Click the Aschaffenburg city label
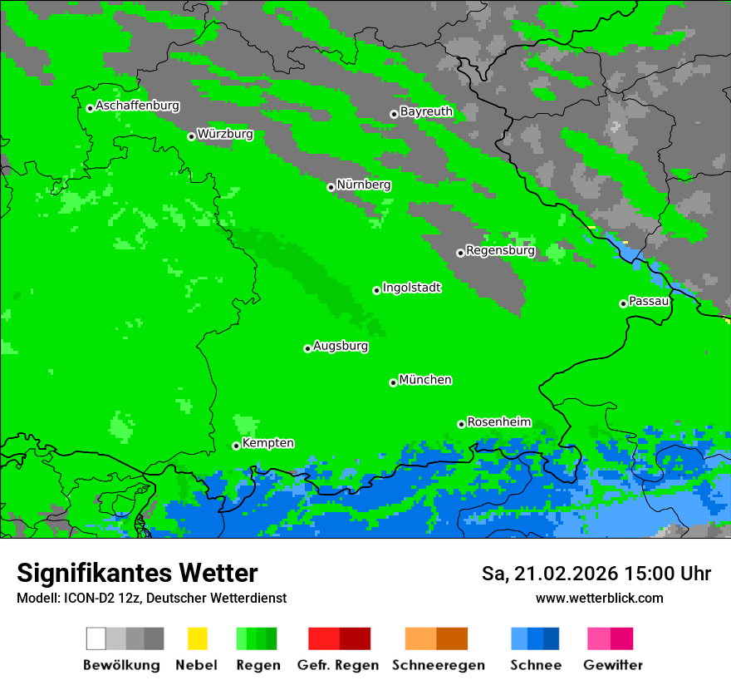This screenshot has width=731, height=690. click(x=137, y=106)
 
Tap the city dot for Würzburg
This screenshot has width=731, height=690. click(x=191, y=136)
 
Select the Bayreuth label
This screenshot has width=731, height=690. click(x=426, y=111)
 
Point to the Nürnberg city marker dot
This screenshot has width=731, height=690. click(x=331, y=187)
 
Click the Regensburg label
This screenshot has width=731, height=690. click(x=500, y=250)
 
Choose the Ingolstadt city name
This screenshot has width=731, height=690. click(x=411, y=288)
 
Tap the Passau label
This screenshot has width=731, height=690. click(x=649, y=301)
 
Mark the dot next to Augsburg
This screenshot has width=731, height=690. click(x=307, y=348)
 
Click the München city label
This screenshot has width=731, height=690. click(x=425, y=380)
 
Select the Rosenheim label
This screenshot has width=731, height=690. click(x=498, y=422)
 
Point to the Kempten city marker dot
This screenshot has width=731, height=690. click(x=236, y=446)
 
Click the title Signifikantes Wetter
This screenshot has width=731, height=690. click(x=137, y=573)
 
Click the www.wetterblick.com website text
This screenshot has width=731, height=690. click(x=599, y=598)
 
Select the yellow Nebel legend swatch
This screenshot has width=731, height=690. click(x=197, y=638)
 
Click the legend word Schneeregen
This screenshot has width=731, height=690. click(x=439, y=665)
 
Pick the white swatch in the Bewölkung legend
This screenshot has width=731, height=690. click(x=96, y=638)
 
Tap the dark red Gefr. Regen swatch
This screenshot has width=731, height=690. click(x=355, y=638)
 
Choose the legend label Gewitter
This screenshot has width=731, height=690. click(x=612, y=665)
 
